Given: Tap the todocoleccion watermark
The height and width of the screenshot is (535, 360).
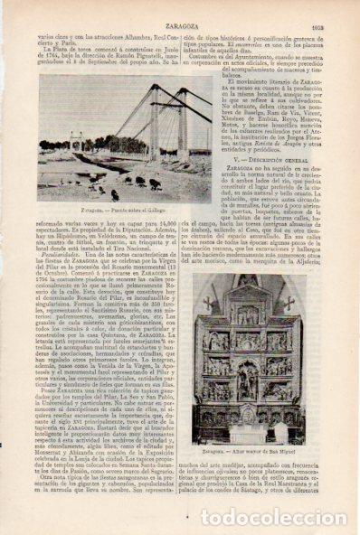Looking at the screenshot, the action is coord(272,518).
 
